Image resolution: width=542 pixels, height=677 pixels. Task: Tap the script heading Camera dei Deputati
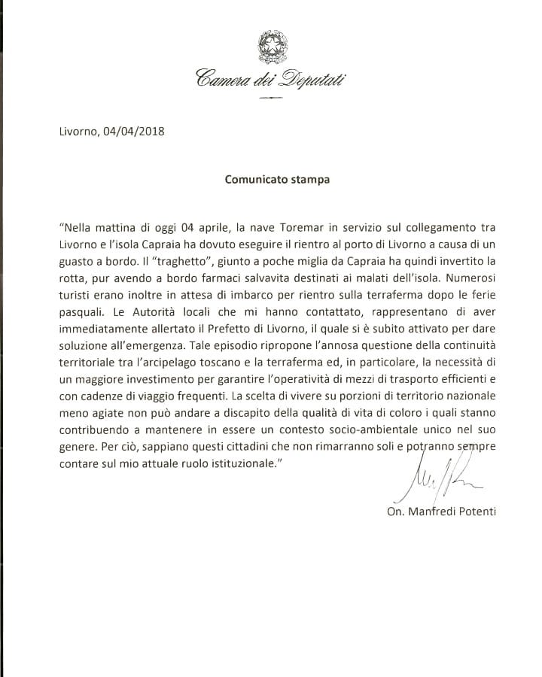click(271, 77)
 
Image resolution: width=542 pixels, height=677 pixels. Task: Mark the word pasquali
click(80, 310)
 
